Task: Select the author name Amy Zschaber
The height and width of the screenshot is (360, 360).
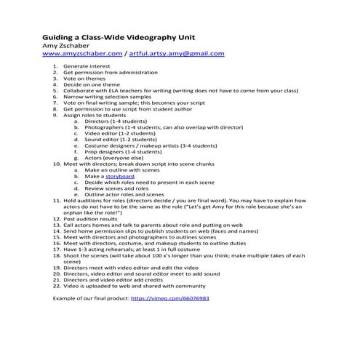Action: coord(71,45)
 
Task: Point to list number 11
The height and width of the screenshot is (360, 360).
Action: coord(56,199)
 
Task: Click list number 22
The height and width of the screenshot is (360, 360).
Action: coord(56,287)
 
